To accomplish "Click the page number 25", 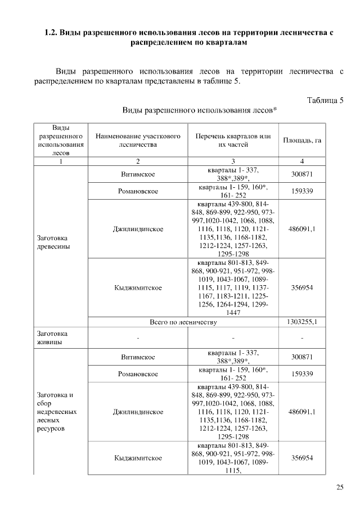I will click(340, 487).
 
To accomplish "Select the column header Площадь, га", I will click(302, 140).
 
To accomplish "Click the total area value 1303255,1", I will click(302, 322).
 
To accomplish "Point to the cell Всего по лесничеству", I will click(183, 322).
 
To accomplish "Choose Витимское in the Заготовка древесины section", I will click(138, 174).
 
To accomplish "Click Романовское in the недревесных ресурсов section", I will click(138, 373).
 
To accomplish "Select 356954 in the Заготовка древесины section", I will click(302, 287).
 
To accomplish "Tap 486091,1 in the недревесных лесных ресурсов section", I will click(302, 412).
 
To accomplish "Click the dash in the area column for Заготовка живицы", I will click(302, 337).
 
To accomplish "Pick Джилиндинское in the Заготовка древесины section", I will click(138, 229).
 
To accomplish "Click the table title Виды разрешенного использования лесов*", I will click(199, 111).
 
